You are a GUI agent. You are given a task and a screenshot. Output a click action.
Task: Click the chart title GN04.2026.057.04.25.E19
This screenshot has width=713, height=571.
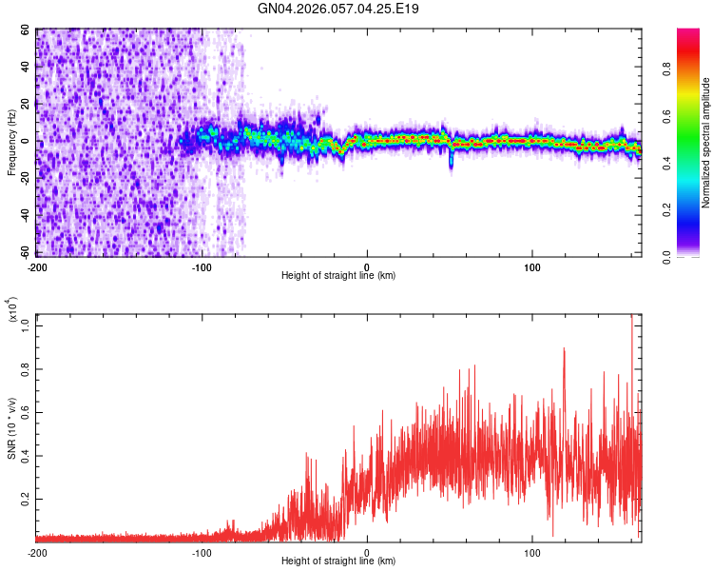click(338, 10)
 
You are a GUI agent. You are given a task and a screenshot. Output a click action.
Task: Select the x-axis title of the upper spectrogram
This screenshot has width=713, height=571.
click(338, 275)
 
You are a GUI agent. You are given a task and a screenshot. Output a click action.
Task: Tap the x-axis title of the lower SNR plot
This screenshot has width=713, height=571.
click(338, 561)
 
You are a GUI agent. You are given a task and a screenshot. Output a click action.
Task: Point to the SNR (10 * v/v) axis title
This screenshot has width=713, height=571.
click(11, 428)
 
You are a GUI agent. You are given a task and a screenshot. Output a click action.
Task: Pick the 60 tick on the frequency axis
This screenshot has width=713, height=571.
click(26, 30)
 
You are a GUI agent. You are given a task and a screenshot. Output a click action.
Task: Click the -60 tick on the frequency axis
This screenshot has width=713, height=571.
click(24, 252)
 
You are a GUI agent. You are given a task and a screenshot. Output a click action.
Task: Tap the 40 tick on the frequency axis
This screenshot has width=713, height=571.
click(26, 68)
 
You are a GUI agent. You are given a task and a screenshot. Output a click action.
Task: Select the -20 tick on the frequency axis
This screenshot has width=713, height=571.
click(24, 178)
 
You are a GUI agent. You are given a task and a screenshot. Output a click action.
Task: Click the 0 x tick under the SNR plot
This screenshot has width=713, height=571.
click(368, 552)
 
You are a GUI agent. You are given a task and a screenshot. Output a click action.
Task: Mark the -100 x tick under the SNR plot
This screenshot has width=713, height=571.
click(202, 552)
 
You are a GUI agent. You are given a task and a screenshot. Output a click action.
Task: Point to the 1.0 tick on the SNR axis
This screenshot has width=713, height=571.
click(25, 325)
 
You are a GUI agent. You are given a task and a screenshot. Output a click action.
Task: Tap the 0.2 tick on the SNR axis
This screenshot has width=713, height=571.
click(25, 498)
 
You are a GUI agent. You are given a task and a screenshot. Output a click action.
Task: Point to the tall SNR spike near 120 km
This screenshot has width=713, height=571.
click(564, 350)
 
